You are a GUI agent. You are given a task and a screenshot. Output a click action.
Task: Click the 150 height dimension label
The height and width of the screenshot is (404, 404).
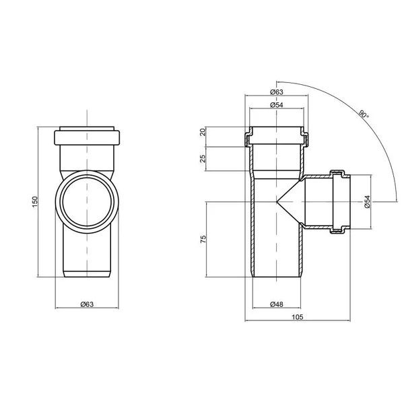pos(35,202)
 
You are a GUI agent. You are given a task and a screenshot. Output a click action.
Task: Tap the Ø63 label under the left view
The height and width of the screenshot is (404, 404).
pos(87,304)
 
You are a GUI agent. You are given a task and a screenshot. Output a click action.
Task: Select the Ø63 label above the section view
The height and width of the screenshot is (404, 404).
pos(277,92)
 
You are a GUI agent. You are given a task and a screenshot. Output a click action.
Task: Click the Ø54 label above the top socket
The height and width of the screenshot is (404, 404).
pos(277,105)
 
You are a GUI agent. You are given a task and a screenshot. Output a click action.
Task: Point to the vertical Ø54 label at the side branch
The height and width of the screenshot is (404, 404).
pos(367,202)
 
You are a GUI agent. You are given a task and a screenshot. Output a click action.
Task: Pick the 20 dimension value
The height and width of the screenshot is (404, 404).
pos(203,132)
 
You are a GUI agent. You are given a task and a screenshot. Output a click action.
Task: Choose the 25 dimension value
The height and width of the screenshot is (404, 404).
pos(203,158)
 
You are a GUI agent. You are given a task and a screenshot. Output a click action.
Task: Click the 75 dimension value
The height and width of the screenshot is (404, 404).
pos(203,239)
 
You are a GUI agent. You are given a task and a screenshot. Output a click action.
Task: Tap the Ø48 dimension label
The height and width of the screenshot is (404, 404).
pos(277,304)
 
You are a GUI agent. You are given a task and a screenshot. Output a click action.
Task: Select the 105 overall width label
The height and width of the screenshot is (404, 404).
pos(298,317)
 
